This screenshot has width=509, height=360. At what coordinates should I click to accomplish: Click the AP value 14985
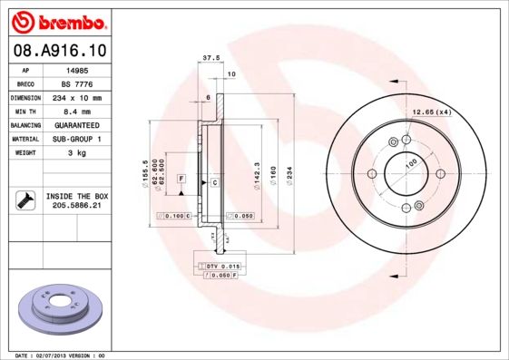(x=79, y=69)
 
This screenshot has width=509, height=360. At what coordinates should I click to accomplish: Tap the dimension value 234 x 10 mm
(x=79, y=97)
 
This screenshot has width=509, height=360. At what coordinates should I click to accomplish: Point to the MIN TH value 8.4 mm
(x=79, y=111)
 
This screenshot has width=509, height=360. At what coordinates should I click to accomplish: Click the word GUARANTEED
(x=79, y=124)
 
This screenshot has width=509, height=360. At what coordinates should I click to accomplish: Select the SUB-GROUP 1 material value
(x=79, y=139)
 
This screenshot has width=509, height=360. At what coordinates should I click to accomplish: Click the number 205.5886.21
(x=79, y=206)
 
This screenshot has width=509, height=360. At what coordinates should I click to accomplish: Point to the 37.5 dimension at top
(x=210, y=57)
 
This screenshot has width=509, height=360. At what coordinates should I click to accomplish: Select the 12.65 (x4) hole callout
(x=433, y=112)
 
